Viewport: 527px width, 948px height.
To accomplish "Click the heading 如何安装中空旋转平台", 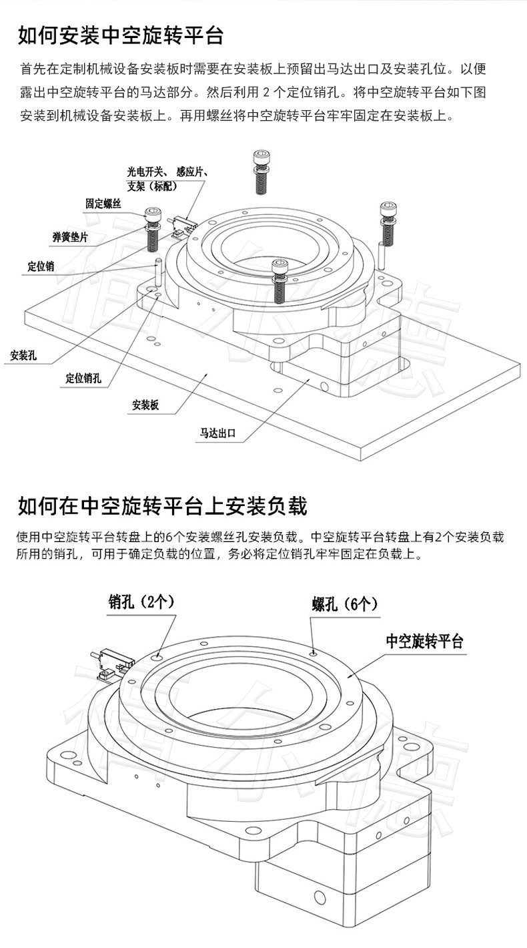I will (x=120, y=35).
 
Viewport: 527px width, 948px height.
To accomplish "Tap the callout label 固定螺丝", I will (x=103, y=204).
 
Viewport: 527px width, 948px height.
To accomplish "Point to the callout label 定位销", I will (x=41, y=266).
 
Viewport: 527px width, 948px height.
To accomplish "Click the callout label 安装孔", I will (x=23, y=354).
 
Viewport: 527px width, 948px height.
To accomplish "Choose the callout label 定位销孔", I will (x=83, y=379).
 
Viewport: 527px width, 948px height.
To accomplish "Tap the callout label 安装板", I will (x=145, y=405).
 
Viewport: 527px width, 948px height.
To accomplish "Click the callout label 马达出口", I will (x=218, y=433).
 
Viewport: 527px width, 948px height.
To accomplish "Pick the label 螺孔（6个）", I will (x=345, y=605).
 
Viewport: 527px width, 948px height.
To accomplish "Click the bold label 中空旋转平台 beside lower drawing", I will (x=424, y=642).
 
